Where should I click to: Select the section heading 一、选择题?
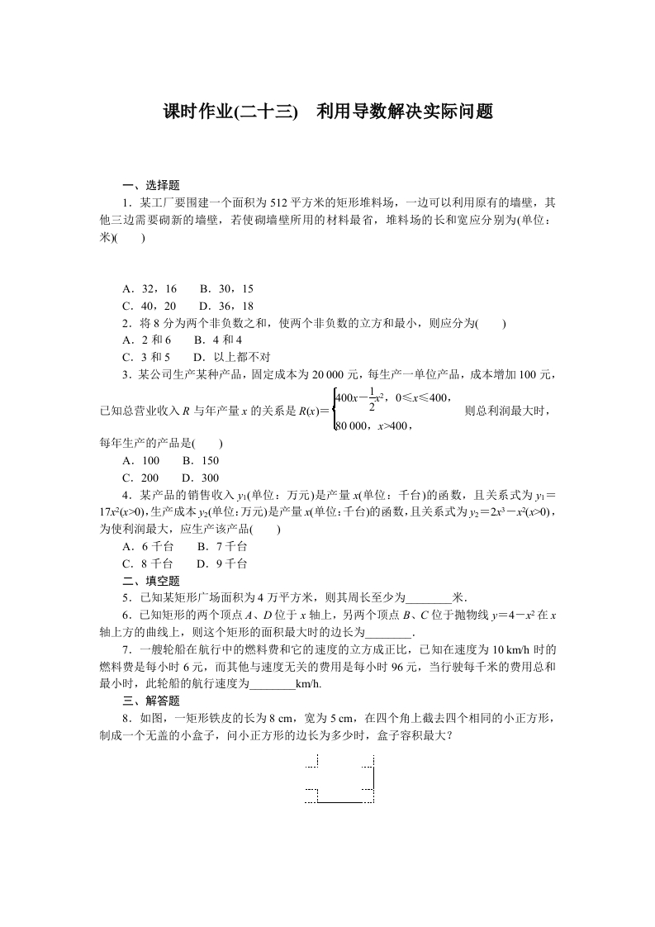point(151,185)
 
